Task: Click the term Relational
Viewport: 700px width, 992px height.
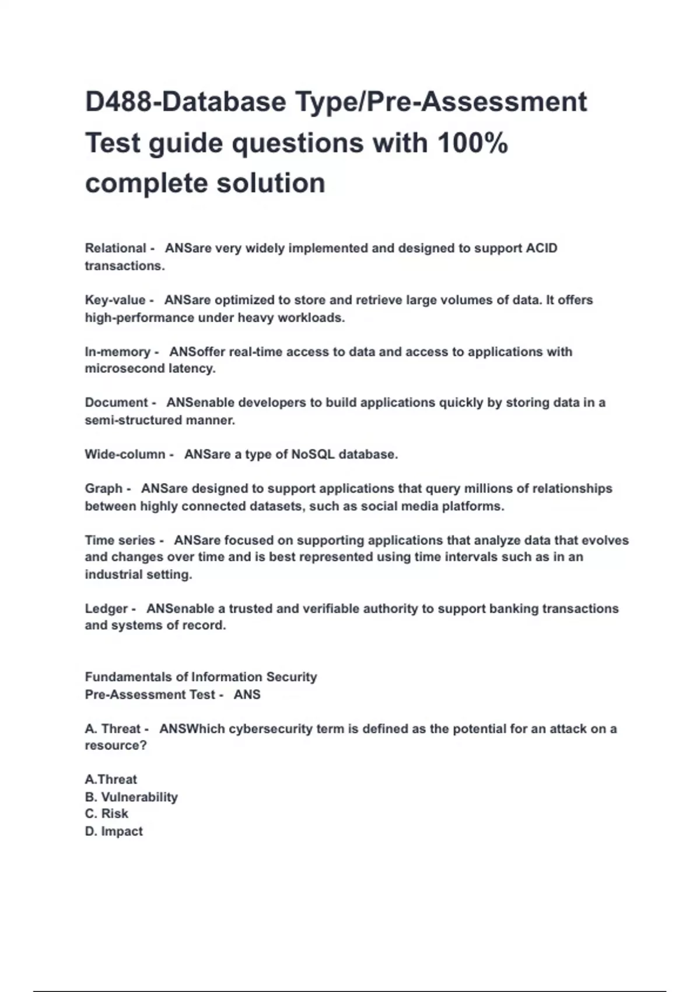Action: coord(116,248)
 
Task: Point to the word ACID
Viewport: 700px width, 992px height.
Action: coord(541,248)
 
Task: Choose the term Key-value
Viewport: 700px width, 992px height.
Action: coord(115,300)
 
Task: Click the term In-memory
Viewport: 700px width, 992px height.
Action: coord(117,352)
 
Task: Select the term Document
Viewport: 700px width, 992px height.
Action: coord(116,403)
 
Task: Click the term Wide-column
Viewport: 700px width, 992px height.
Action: coord(125,455)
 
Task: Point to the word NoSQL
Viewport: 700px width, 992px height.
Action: coord(313,455)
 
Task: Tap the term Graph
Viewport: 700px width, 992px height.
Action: coord(104,488)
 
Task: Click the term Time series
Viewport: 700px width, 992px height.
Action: coord(120,540)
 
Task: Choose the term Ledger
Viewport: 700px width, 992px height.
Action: coord(106,609)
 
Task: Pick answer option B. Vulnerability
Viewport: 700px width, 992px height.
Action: coord(131,797)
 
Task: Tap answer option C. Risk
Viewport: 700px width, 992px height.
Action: coord(107,814)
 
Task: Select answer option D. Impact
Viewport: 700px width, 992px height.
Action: coord(114,832)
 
